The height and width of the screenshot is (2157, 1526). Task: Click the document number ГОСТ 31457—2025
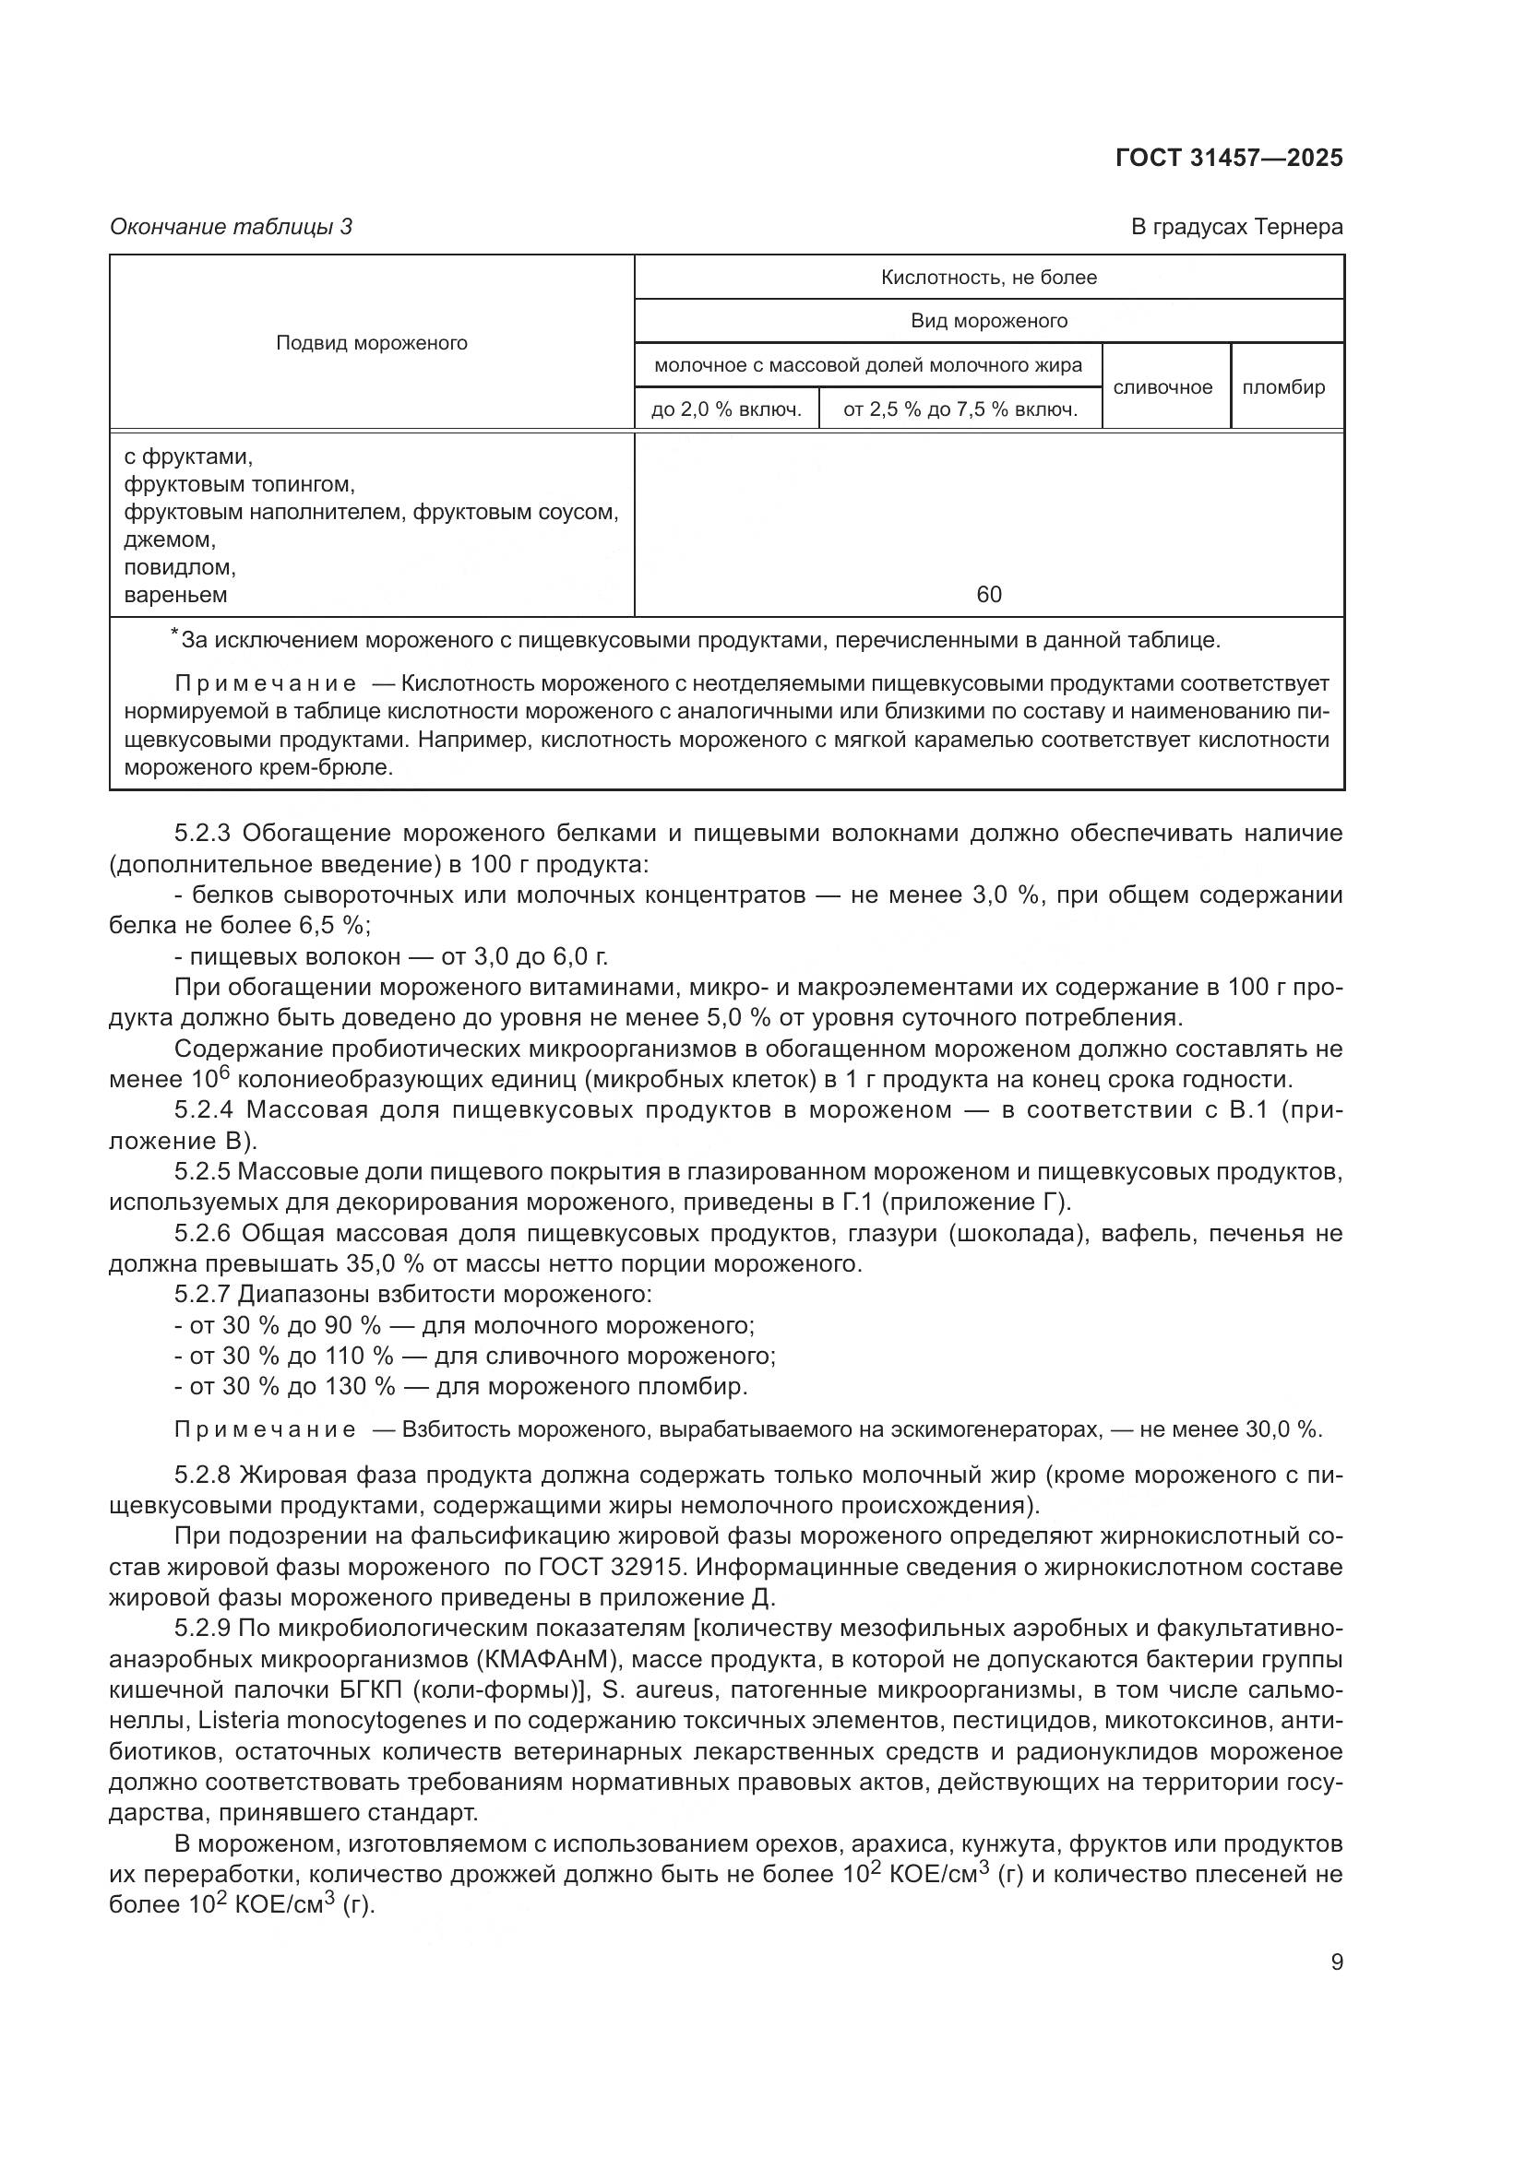pyautogui.click(x=1228, y=158)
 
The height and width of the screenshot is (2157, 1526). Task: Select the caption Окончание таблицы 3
pyautogui.click(x=232, y=227)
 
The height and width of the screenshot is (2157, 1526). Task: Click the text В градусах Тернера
pyautogui.click(x=1235, y=227)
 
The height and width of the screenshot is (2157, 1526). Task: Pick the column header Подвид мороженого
pyautogui.click(x=371, y=343)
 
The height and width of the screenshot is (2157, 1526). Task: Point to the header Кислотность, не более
pyautogui.click(x=988, y=278)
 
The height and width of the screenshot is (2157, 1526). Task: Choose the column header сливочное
pyautogui.click(x=1162, y=387)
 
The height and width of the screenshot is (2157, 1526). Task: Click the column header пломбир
pyautogui.click(x=1282, y=387)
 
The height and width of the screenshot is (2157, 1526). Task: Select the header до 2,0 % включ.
pyautogui.click(x=726, y=409)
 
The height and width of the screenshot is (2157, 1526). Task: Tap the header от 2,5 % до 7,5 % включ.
pyautogui.click(x=960, y=409)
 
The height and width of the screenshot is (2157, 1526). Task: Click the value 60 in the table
pyautogui.click(x=988, y=594)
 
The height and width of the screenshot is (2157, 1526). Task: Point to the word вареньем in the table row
pyautogui.click(x=175, y=595)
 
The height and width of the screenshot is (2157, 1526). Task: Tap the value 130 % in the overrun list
pyautogui.click(x=360, y=1387)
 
